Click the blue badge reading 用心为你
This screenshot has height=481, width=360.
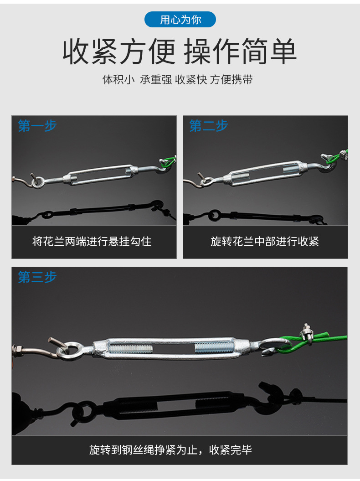(x=180, y=20)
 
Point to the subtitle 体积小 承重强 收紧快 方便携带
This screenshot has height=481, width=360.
(x=178, y=80)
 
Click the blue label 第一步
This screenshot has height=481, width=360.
(x=37, y=126)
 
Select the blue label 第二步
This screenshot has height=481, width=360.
(x=208, y=126)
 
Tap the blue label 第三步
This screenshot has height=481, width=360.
(x=37, y=277)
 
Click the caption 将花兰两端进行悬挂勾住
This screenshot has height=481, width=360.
(x=92, y=241)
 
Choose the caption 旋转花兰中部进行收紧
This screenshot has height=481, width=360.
(x=265, y=241)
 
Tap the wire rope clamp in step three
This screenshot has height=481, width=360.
(x=306, y=332)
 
